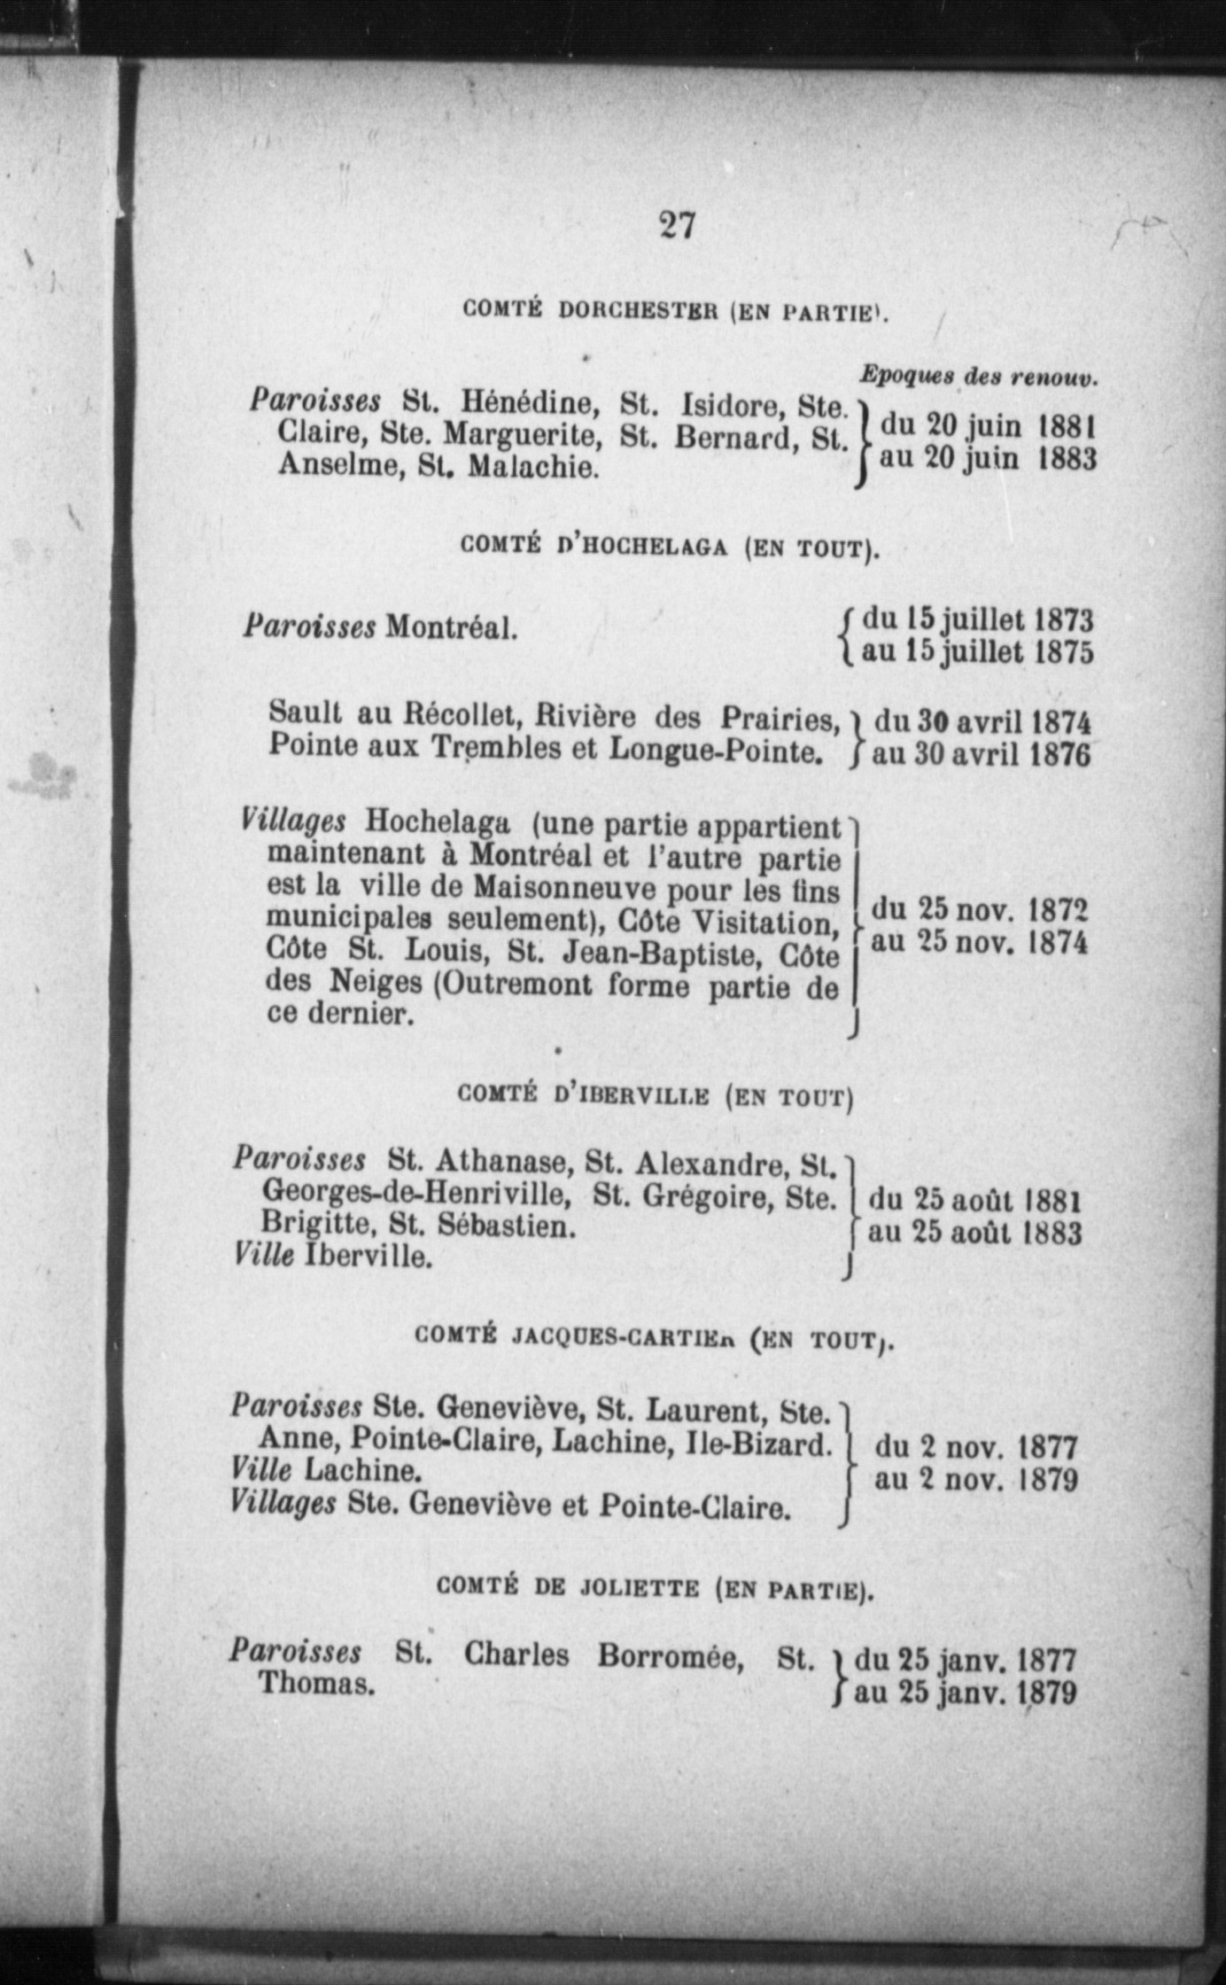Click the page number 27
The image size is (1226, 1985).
(677, 225)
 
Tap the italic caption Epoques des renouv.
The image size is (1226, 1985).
(978, 376)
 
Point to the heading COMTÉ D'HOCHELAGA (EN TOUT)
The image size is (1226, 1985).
(671, 547)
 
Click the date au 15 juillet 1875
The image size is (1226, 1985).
(977, 652)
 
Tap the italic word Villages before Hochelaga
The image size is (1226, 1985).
(293, 821)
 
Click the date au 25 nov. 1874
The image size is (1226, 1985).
(979, 941)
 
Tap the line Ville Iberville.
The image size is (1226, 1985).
(334, 1256)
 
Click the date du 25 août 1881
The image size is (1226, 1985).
(975, 1201)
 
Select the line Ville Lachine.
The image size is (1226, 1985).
(325, 1470)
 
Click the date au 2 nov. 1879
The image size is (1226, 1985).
(976, 1479)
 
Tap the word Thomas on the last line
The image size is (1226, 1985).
(315, 1684)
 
